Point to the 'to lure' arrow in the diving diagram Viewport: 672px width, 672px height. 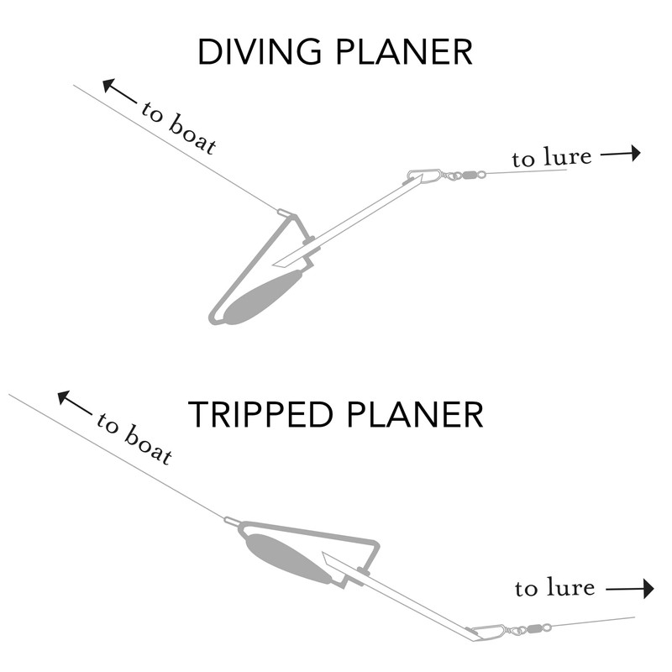click(x=621, y=153)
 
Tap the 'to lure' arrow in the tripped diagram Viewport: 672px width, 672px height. click(x=631, y=590)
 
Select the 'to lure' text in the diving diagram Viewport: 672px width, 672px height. click(x=551, y=157)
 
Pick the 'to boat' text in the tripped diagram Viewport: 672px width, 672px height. click(x=134, y=438)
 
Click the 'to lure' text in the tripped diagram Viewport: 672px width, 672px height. click(x=554, y=588)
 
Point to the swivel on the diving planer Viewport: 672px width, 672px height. click(x=466, y=176)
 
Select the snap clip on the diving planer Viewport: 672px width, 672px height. click(x=424, y=176)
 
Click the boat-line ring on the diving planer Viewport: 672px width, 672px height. click(x=283, y=213)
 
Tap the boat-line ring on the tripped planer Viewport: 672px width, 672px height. click(x=230, y=522)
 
